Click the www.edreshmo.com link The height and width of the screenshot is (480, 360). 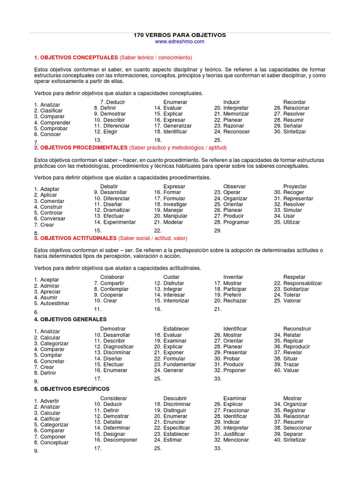(x=180, y=42)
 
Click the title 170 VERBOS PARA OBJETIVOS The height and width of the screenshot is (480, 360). (x=180, y=35)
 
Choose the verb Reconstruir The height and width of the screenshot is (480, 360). (x=297, y=329)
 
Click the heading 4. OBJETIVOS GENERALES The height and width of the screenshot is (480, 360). (x=70, y=319)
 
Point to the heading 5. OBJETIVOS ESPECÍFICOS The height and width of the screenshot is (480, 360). (x=72, y=389)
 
